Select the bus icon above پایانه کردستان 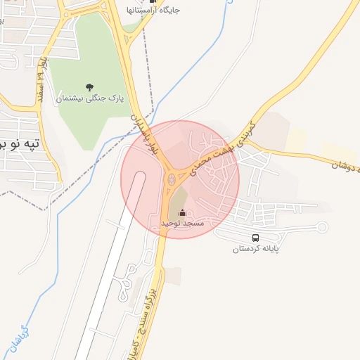coord(255,238)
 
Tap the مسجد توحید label coord(182,223)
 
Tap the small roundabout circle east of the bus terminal coord(322,226)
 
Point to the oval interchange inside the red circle coord(170,186)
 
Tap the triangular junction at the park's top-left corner coord(71,10)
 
